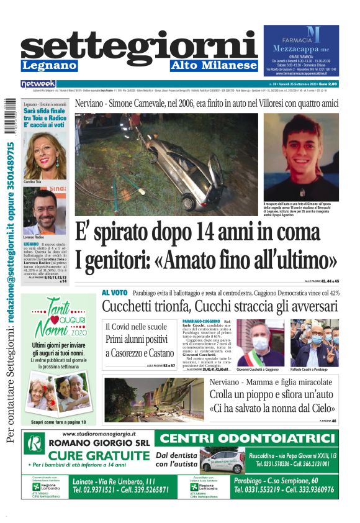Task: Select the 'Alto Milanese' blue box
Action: [214, 66]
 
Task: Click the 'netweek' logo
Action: [38, 84]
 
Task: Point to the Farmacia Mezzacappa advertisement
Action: [301, 51]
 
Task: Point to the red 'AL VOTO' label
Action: [115, 293]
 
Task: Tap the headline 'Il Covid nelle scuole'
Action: [136, 327]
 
